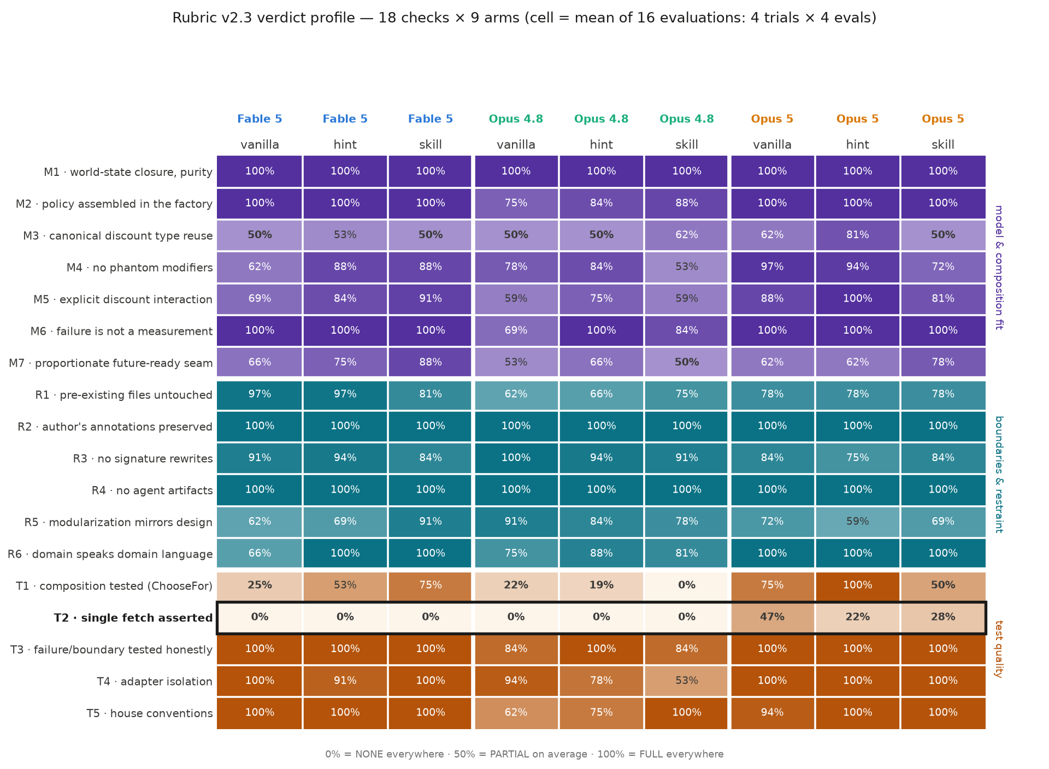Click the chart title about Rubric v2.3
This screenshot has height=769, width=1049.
click(524, 18)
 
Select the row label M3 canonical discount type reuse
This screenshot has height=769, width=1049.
click(117, 236)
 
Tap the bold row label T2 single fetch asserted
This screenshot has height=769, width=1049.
click(133, 618)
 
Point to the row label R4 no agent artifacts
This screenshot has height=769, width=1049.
click(152, 490)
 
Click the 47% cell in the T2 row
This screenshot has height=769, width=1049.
click(772, 618)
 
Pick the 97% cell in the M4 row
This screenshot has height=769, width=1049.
click(772, 267)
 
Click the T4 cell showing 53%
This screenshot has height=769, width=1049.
click(687, 681)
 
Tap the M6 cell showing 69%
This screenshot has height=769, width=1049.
click(516, 331)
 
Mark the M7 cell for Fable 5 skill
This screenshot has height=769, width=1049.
click(431, 363)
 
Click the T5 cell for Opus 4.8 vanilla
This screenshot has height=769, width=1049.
click(516, 713)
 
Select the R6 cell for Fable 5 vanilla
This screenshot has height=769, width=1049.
click(260, 554)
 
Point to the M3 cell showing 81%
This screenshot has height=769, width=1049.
click(858, 235)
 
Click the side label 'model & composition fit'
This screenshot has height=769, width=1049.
click(998, 267)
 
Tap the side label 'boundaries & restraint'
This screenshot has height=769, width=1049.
click(998, 474)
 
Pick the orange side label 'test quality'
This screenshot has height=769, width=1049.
click(998, 649)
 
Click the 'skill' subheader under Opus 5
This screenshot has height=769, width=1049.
click(943, 145)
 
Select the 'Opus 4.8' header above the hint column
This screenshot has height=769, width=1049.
click(602, 119)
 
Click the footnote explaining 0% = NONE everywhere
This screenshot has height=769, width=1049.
click(524, 754)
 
